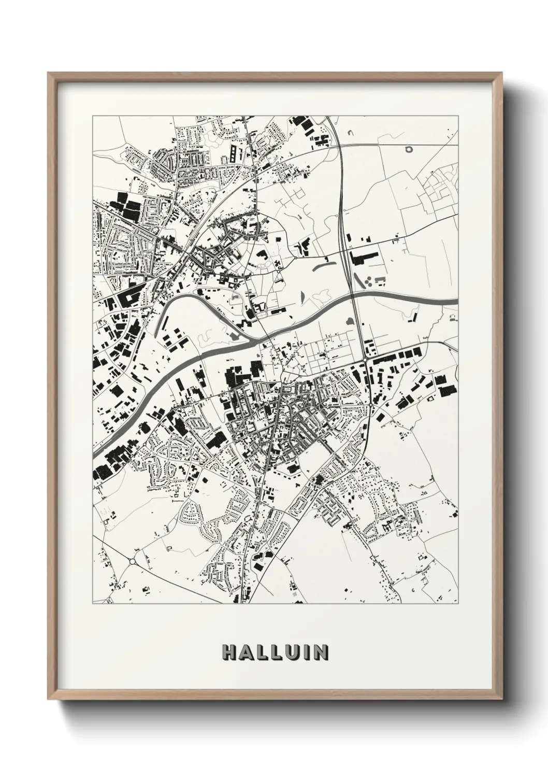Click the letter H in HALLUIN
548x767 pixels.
(x=228, y=652)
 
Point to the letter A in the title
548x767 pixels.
(x=244, y=652)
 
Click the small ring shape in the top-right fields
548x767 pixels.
(x=411, y=150)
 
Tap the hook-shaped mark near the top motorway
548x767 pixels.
(x=350, y=134)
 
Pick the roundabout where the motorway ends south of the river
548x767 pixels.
(x=365, y=359)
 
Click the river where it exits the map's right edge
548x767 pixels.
(x=455, y=301)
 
